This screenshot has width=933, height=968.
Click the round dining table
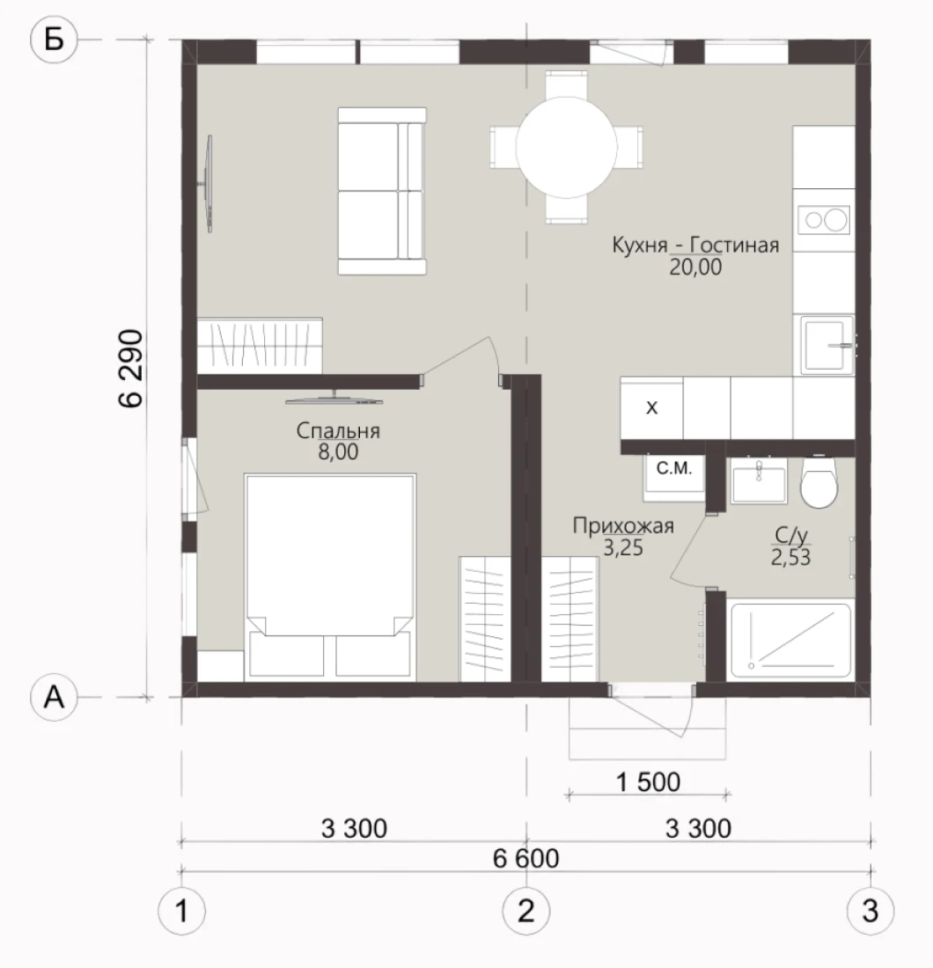(x=566, y=148)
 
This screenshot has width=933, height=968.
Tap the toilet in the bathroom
(x=819, y=482)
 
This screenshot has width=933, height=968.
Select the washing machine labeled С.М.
(x=673, y=478)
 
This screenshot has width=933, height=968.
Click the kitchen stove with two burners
(x=824, y=220)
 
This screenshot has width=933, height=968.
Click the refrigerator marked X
(x=651, y=408)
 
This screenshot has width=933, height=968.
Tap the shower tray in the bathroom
(x=791, y=641)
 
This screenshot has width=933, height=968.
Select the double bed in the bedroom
(x=330, y=576)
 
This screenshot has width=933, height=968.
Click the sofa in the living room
(x=382, y=191)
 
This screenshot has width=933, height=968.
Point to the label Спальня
(x=338, y=430)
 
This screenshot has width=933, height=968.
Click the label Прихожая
(x=623, y=526)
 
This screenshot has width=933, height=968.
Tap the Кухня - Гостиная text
(x=695, y=246)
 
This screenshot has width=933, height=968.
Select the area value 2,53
(x=790, y=557)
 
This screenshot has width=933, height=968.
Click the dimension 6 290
(x=131, y=369)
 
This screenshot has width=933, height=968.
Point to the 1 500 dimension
(x=649, y=782)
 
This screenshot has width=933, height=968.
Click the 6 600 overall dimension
(x=526, y=859)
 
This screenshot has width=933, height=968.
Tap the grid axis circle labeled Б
(x=55, y=40)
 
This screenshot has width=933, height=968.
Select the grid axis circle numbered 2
(x=526, y=911)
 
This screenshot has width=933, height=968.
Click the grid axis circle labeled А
(x=55, y=698)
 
